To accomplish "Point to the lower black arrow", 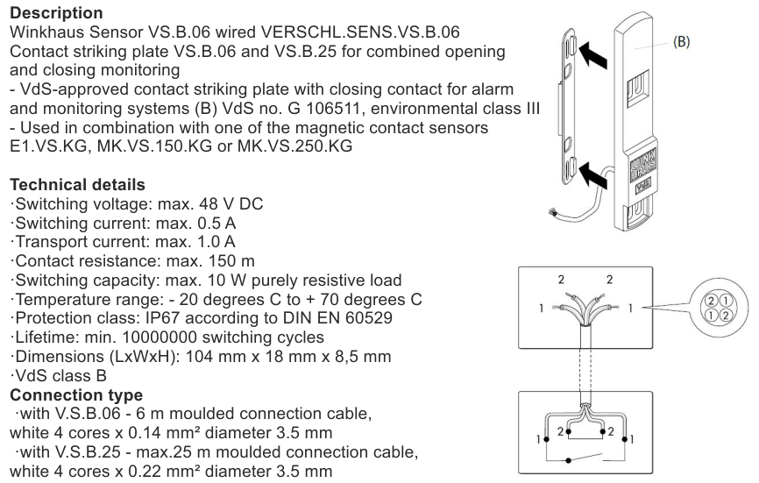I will pos(595,172).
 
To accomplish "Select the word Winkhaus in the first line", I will pos(43,32).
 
